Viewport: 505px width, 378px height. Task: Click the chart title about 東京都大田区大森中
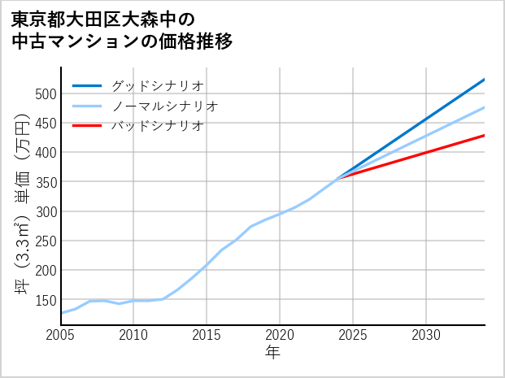[x=122, y=30]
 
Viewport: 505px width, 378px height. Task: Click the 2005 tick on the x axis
[x=61, y=335]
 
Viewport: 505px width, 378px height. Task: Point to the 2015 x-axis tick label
[x=207, y=335]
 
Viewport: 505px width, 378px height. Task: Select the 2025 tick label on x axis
[x=353, y=335]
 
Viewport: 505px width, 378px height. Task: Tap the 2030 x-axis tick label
[x=426, y=335]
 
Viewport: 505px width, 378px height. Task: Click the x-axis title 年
[x=272, y=354]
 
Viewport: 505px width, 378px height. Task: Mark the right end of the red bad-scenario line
[x=484, y=136]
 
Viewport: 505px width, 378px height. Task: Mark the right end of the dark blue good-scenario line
[x=484, y=80]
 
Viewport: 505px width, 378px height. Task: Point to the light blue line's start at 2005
[x=62, y=313]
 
